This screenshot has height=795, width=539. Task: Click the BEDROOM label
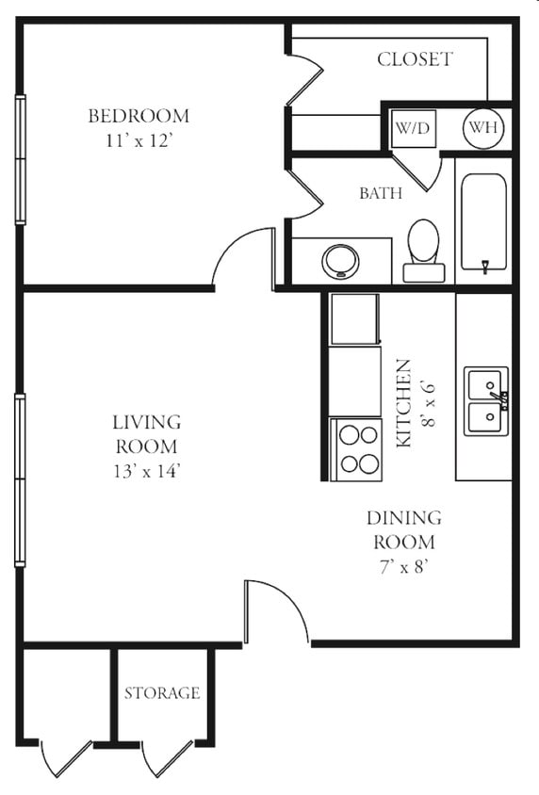click(139, 116)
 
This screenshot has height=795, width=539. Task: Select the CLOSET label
click(415, 59)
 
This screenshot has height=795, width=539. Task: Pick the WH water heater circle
click(482, 128)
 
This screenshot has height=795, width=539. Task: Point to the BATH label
click(381, 193)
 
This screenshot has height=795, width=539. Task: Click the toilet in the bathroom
click(423, 250)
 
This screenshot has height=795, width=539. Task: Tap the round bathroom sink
click(340, 260)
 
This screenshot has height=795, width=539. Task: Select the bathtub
click(483, 223)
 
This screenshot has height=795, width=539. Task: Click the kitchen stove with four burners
click(356, 449)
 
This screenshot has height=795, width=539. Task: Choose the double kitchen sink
click(486, 400)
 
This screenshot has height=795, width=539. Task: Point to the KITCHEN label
click(403, 402)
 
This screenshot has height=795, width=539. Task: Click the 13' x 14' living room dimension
click(146, 470)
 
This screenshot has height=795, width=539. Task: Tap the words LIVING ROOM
click(146, 434)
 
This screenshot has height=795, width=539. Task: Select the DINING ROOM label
click(403, 529)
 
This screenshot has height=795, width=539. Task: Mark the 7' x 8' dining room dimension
click(403, 566)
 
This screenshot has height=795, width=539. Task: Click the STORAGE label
click(162, 693)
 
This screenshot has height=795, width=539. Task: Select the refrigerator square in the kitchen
click(354, 319)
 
